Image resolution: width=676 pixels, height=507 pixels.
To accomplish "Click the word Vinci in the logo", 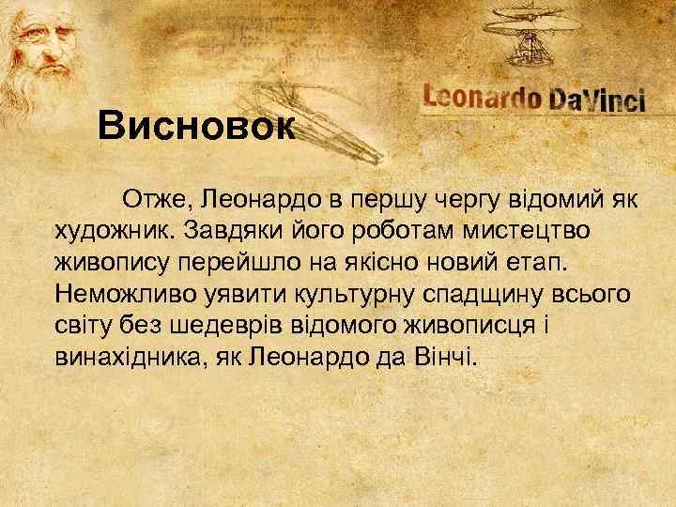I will pos(616,101).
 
